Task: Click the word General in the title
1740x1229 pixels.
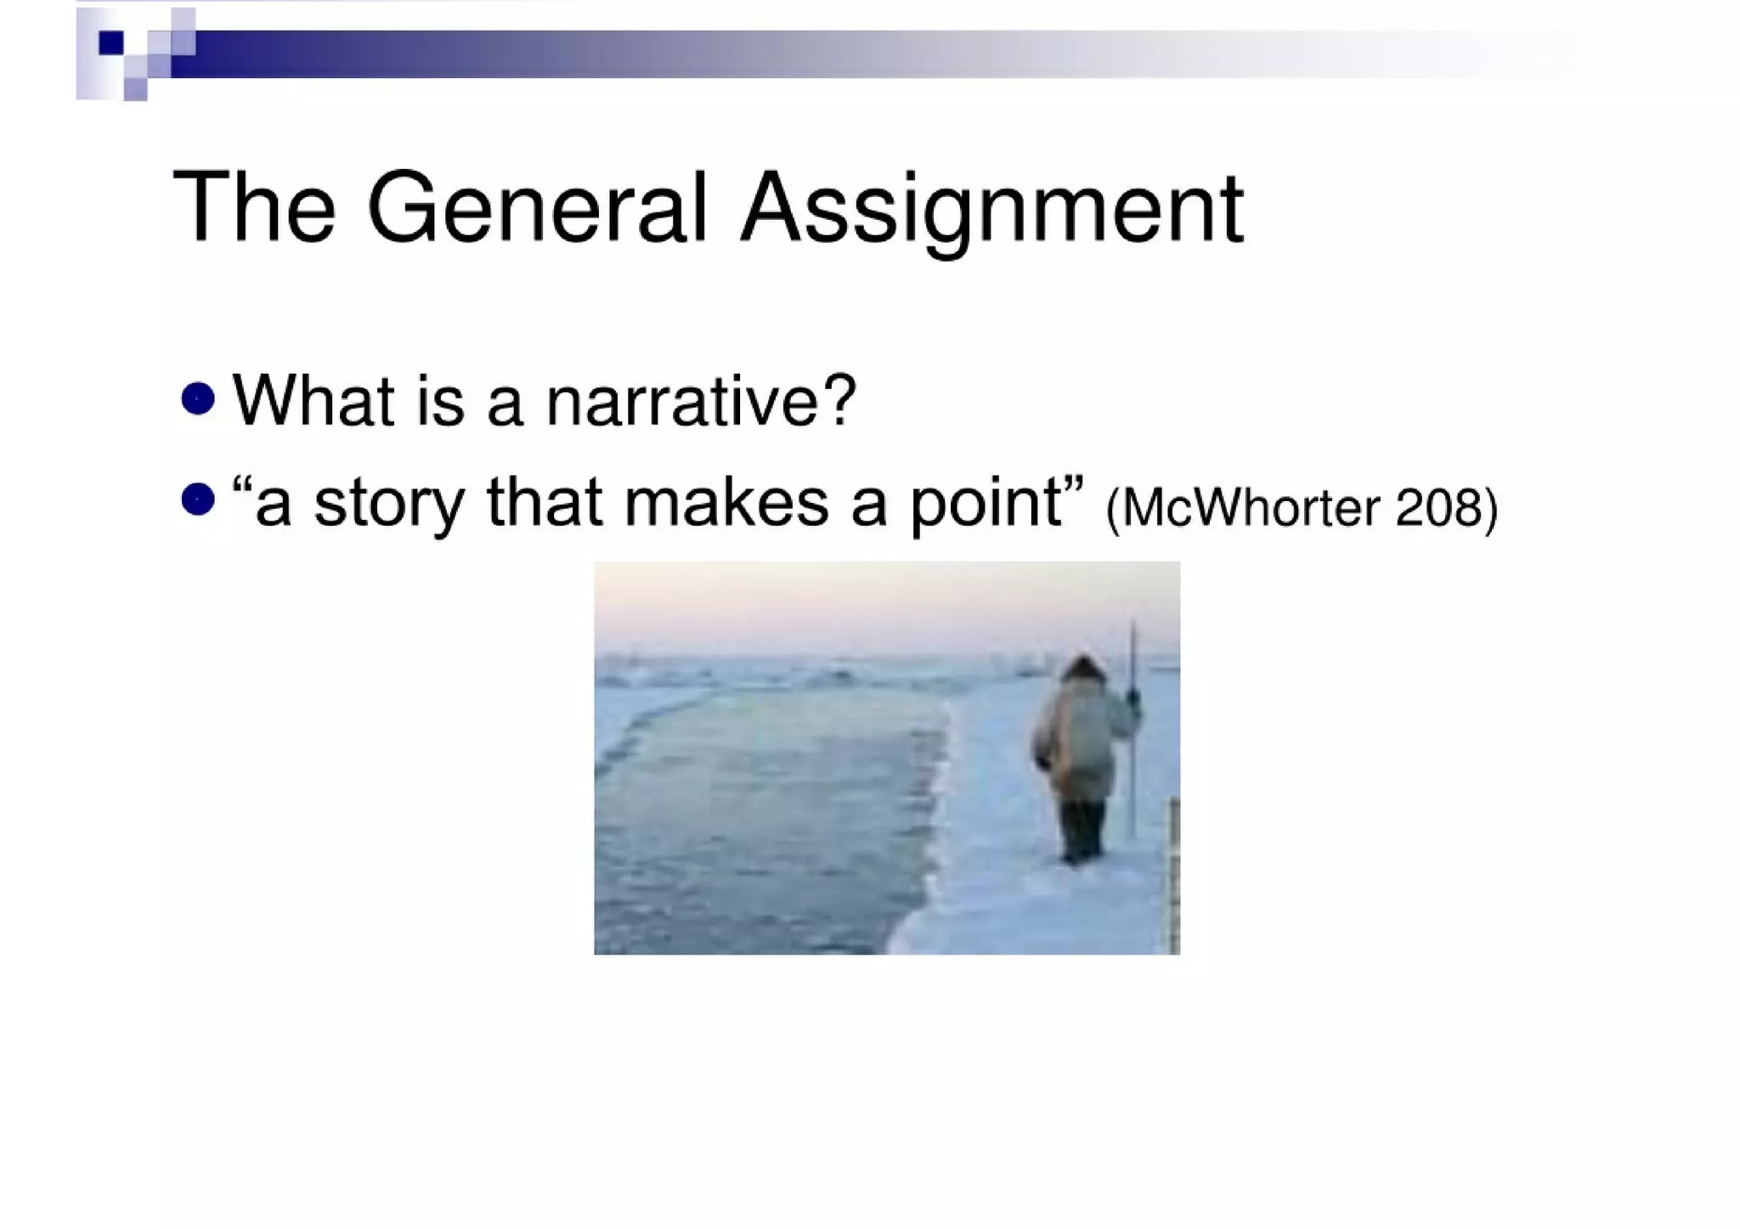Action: pyautogui.click(x=536, y=208)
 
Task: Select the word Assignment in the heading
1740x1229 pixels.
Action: pyautogui.click(x=991, y=210)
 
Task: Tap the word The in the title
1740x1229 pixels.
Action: pyautogui.click(x=254, y=208)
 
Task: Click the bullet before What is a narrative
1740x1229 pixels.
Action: pyautogui.click(x=198, y=398)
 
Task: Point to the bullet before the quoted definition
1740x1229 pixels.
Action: pyautogui.click(x=198, y=499)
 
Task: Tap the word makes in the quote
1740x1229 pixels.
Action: pyautogui.click(x=726, y=502)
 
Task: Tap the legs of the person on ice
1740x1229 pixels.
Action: pyautogui.click(x=1082, y=828)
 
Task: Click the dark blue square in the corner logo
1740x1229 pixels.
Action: pyautogui.click(x=110, y=42)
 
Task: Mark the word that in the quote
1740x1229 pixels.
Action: pyautogui.click(x=544, y=502)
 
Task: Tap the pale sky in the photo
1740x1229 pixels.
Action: pyautogui.click(x=850, y=603)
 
